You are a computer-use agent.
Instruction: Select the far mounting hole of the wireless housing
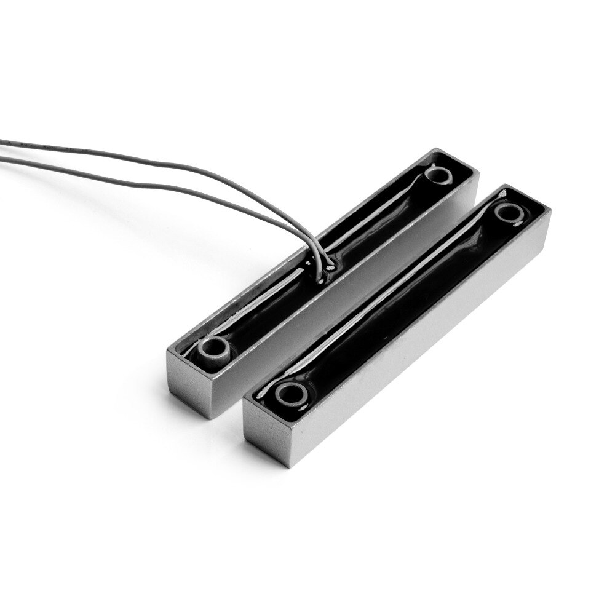tap(509, 212)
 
